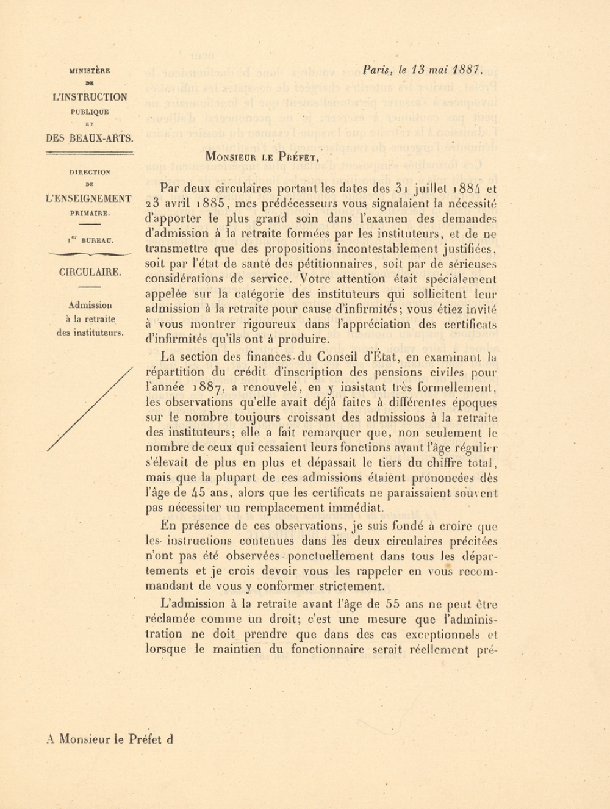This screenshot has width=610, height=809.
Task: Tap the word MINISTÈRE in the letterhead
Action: pyautogui.click(x=90, y=71)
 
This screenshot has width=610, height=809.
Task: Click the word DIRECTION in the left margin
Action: pyautogui.click(x=90, y=172)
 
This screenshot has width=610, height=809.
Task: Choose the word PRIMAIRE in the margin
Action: pyautogui.click(x=90, y=214)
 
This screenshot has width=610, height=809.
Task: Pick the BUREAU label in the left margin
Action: pyautogui.click(x=97, y=242)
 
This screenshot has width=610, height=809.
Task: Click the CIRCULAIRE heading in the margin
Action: pyautogui.click(x=90, y=272)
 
